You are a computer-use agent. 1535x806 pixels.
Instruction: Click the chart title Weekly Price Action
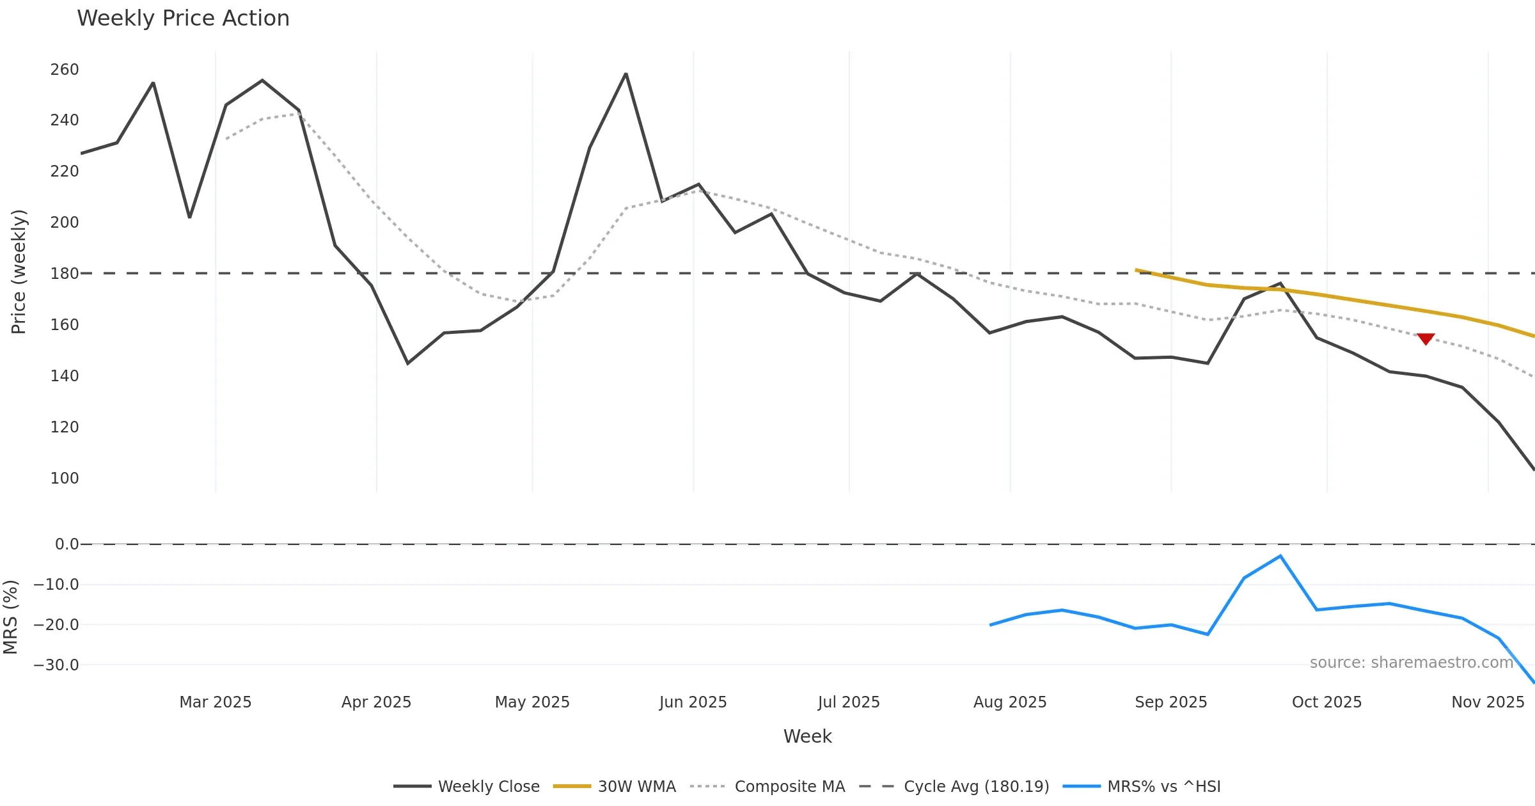[x=183, y=19]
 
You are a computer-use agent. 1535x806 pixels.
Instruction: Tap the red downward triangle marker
[x=1426, y=338]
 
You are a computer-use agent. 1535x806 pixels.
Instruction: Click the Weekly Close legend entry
[x=467, y=786]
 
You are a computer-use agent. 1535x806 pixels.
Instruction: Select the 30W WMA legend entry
[x=615, y=786]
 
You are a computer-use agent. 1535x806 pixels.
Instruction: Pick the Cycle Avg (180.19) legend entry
[x=954, y=786]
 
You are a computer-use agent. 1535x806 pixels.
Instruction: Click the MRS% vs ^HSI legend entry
[x=1142, y=786]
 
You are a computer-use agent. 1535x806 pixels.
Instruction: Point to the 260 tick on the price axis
[x=65, y=69]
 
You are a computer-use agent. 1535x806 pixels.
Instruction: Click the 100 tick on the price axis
[x=65, y=478]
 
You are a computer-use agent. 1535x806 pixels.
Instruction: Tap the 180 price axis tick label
[x=65, y=273]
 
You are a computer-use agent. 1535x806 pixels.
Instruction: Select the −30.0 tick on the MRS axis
[x=56, y=665]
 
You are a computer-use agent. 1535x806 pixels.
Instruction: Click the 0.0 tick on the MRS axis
[x=67, y=544]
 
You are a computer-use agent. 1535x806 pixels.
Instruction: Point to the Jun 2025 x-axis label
[x=693, y=702]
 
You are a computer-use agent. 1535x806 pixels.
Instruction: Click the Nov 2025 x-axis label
[x=1488, y=702]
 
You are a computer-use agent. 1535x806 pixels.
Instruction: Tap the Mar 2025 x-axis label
[x=216, y=702]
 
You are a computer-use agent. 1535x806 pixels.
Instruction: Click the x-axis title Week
[x=807, y=736]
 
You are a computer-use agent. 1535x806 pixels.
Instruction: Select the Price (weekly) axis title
[x=19, y=272]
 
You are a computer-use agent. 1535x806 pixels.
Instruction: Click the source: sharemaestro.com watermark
[x=1411, y=662]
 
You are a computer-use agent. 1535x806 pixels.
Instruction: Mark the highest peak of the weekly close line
[x=626, y=74]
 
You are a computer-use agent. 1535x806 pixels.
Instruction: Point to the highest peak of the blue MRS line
[x=1280, y=556]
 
